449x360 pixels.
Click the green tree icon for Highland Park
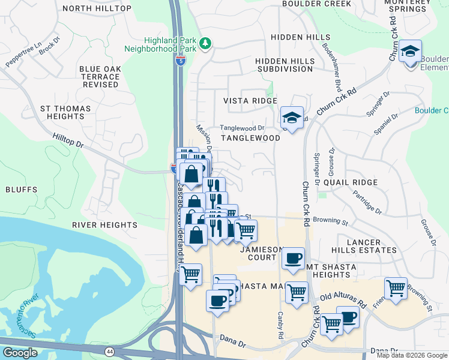[x=205, y=43]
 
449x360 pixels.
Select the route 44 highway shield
[x=109, y=351]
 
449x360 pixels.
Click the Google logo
[x=20, y=353]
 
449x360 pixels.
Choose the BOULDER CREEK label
[x=322, y=4]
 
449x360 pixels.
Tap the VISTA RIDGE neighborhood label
[x=250, y=101]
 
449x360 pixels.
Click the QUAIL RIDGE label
[x=350, y=182]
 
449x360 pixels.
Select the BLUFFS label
[x=22, y=190]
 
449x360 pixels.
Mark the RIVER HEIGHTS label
[x=105, y=225]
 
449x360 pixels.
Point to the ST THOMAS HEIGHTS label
[x=65, y=113]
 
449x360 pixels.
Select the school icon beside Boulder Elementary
[x=411, y=52]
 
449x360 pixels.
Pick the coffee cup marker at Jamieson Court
[x=293, y=259]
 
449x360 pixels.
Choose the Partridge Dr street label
[x=367, y=202]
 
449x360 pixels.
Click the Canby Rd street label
[x=280, y=325]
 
